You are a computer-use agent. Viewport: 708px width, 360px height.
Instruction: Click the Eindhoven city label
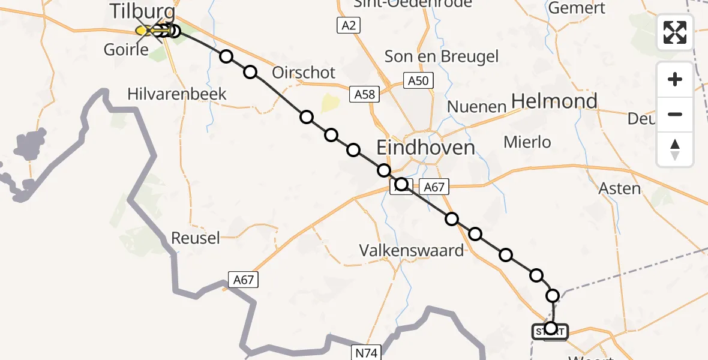425,148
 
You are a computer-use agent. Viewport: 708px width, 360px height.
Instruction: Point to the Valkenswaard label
412,250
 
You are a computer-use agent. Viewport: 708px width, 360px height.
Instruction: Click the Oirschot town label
304,73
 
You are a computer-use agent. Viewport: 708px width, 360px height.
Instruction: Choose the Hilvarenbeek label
177,94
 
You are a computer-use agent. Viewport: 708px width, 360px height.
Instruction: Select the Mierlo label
527,142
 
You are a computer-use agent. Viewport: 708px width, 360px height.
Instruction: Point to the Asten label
620,188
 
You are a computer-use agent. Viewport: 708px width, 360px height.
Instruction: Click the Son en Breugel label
442,56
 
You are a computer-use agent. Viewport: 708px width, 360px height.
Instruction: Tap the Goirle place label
126,49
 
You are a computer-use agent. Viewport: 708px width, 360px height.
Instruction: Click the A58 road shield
364,94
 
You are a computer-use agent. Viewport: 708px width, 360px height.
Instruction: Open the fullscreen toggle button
675,32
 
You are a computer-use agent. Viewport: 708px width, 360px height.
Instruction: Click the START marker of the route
549,331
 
